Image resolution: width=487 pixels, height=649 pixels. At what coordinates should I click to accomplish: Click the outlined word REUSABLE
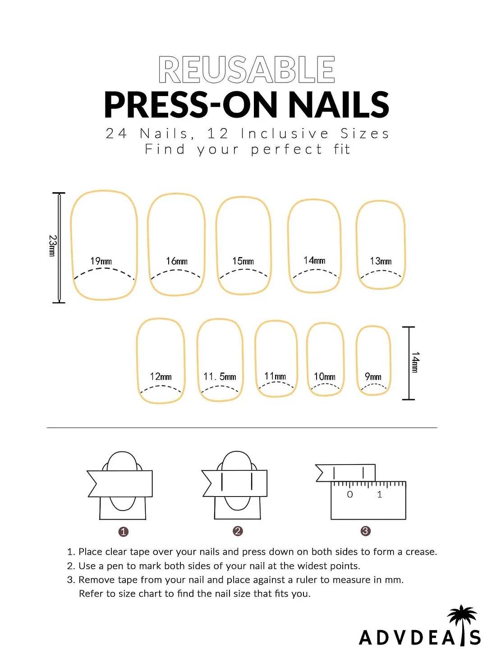[247, 70]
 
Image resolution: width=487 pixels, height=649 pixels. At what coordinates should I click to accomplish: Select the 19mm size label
[101, 261]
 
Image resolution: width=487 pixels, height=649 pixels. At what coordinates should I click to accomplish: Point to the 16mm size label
[177, 261]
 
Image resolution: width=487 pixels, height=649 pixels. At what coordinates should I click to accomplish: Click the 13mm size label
[381, 261]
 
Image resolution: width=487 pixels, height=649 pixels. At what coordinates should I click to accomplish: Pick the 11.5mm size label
[220, 377]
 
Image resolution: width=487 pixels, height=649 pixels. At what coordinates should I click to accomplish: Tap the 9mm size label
[373, 377]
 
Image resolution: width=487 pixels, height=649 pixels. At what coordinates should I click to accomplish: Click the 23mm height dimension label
[52, 246]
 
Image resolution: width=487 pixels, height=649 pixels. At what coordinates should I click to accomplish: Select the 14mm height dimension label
[415, 362]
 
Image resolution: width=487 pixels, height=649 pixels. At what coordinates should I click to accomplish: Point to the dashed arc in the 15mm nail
[243, 272]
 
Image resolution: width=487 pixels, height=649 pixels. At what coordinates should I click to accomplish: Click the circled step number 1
[123, 532]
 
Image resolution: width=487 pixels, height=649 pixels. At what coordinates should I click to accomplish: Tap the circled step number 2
[238, 531]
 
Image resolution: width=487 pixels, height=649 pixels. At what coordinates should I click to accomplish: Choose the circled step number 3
[366, 531]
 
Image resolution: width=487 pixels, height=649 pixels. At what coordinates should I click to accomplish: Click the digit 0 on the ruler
[350, 495]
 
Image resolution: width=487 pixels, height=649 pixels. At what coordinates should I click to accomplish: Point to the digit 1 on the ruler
[380, 495]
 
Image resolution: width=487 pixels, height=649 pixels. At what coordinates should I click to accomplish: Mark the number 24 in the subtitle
[116, 133]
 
